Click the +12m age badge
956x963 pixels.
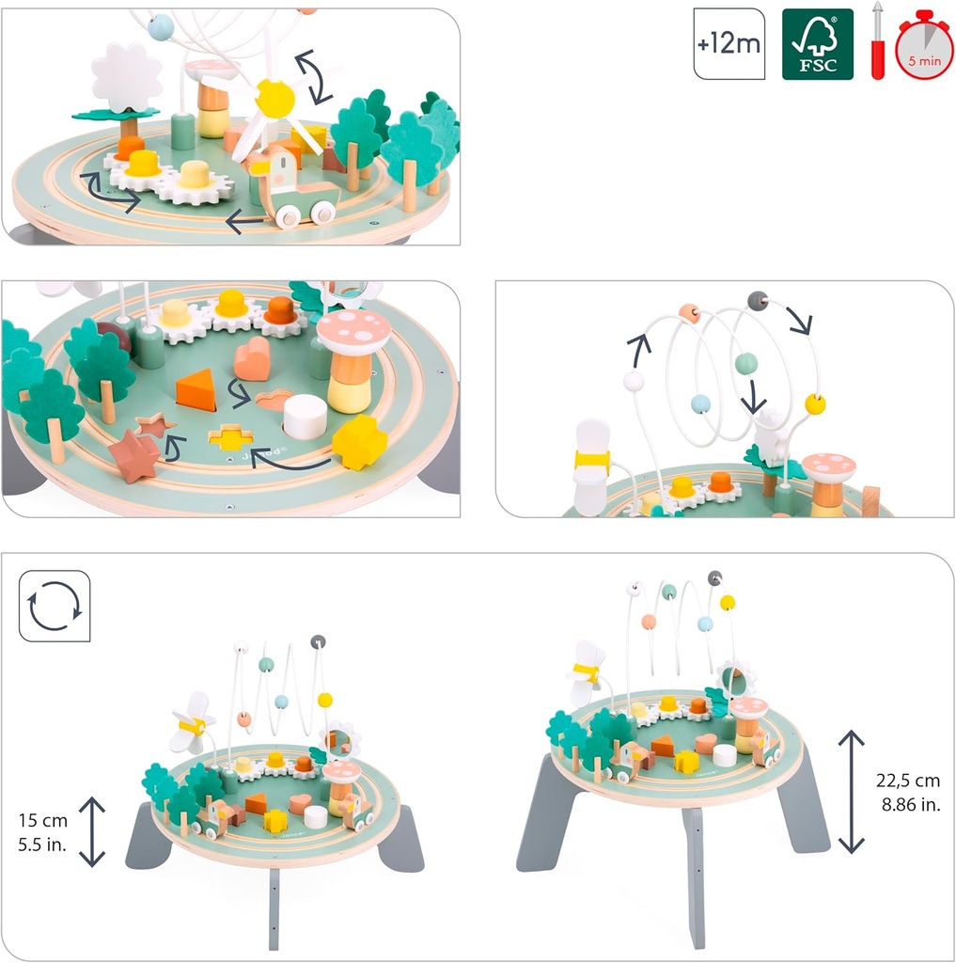[729, 43]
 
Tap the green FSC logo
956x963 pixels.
[817, 43]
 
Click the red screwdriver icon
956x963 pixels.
[878, 40]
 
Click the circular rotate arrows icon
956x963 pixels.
[55, 607]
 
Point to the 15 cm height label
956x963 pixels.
[43, 820]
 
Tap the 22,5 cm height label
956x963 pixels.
[907, 780]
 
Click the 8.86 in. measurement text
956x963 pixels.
[911, 804]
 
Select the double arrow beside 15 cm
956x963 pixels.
[92, 831]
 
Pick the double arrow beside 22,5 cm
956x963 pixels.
[852, 792]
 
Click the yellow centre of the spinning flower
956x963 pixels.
[274, 97]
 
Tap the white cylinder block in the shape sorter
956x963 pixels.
[306, 417]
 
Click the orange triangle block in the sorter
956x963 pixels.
[196, 389]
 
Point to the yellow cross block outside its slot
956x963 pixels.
[359, 442]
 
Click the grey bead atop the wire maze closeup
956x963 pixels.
[758, 301]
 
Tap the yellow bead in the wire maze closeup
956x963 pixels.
[815, 404]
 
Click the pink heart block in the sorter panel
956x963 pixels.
[252, 359]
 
